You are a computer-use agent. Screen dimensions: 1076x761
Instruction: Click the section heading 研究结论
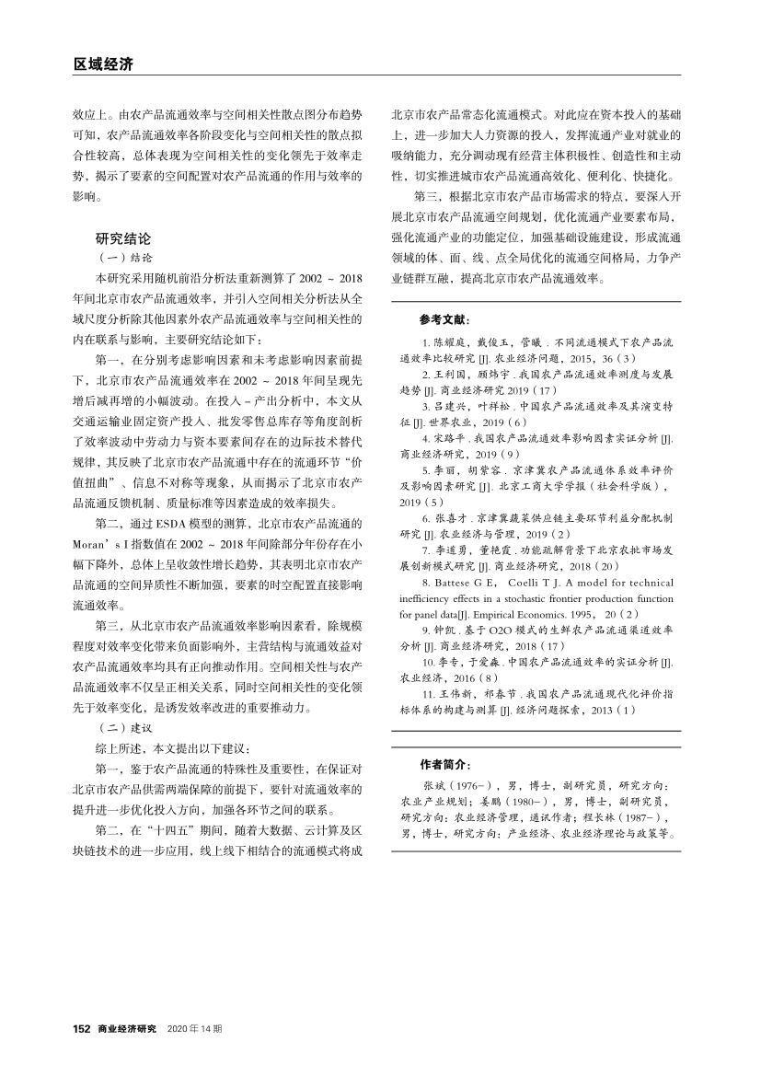pyautogui.click(x=123, y=237)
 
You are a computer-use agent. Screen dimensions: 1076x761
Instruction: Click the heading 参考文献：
pyautogui.click(x=445, y=320)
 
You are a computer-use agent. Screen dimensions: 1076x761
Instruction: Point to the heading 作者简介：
pyautogui.click(x=445, y=764)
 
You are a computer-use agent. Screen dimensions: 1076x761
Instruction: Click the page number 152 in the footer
pyautogui.click(x=81, y=1028)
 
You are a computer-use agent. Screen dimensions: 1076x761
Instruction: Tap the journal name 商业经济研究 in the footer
pyautogui.click(x=127, y=1028)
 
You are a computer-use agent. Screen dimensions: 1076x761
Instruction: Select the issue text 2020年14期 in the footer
pyautogui.click(x=194, y=1028)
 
